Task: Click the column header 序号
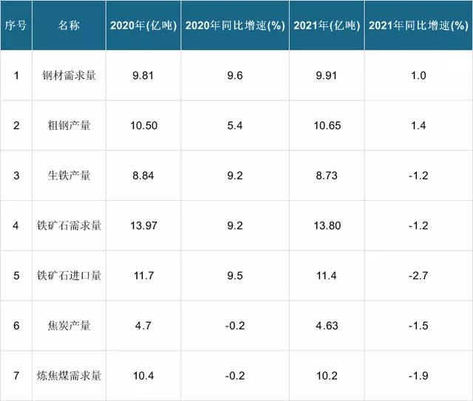click(x=16, y=24)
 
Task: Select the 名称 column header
click(x=69, y=24)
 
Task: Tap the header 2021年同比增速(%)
click(x=418, y=24)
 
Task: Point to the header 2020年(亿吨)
click(x=143, y=24)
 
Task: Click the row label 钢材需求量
click(x=69, y=75)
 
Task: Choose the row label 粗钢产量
click(x=69, y=126)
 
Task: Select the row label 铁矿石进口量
click(x=69, y=276)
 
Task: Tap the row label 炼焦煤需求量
click(x=69, y=376)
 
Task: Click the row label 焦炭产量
click(x=69, y=326)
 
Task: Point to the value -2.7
click(x=418, y=276)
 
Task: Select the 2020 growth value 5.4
click(x=235, y=126)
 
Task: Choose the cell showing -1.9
click(x=418, y=376)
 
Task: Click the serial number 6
click(x=16, y=326)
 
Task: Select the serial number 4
click(x=16, y=226)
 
